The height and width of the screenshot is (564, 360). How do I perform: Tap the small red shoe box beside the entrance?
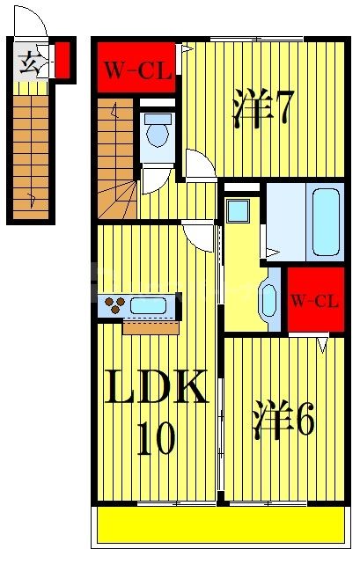62,59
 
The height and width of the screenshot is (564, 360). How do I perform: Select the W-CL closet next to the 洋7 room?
136,70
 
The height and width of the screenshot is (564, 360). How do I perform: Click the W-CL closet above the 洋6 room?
314,301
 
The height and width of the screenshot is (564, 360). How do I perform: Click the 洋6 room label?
283,421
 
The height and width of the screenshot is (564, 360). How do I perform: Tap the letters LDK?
157,388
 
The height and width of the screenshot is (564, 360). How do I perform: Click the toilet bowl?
158,134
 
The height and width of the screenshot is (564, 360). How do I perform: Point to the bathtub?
325,222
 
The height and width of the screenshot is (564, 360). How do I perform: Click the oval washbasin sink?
268,299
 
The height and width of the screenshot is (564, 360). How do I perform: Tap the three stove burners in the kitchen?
114,306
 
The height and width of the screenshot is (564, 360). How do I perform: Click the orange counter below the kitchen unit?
151,328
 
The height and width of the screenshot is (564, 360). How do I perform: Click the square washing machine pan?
238,211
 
